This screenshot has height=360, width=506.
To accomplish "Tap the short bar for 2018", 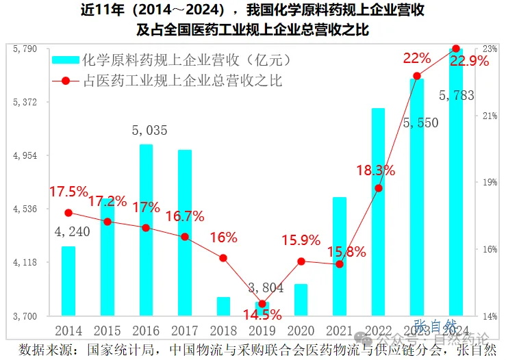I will click(x=223, y=307).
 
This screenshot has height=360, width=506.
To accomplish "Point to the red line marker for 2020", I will click(x=301, y=261).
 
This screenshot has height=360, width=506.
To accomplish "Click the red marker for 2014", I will click(x=68, y=213).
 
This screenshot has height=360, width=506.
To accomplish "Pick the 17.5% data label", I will click(x=68, y=192).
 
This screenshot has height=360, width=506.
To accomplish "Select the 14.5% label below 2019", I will click(x=262, y=316).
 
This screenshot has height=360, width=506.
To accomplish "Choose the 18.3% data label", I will click(x=375, y=170).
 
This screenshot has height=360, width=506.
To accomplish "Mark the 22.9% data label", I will click(x=470, y=62).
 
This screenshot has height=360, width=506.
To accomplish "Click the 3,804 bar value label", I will click(x=262, y=287).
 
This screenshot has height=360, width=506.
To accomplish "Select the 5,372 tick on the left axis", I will click(x=25, y=102).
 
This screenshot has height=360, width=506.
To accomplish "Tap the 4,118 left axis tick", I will click(x=25, y=263).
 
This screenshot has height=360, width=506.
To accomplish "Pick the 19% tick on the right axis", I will click(x=490, y=183).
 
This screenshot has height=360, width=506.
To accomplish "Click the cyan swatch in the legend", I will click(x=65, y=61).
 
